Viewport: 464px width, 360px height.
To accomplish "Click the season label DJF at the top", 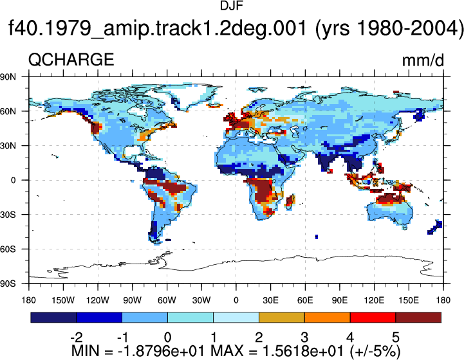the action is coord(232,6).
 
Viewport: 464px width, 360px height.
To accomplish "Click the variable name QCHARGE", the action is coord(71,59).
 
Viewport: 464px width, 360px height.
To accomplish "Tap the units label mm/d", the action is coord(423,60).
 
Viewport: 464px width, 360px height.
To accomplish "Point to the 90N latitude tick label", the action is coord(8,77).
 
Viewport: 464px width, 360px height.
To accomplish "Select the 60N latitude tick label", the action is coord(8,111).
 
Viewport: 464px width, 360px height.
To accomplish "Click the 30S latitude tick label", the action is coord(8,215).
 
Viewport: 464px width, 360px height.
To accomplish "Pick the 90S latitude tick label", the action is coord(8,283).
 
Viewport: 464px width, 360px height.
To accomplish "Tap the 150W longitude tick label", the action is coord(63,300).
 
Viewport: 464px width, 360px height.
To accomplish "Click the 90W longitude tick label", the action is coord(133,300).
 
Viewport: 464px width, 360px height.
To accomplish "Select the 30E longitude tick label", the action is coord(270,300).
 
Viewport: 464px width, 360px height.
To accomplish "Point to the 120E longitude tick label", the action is coord(375,300).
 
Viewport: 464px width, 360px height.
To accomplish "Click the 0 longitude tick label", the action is coord(236,300).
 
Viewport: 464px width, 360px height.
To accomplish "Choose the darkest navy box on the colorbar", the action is coord(53,317).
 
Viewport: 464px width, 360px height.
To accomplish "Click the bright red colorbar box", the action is coord(373,317).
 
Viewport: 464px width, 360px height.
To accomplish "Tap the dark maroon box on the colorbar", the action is coord(418,317).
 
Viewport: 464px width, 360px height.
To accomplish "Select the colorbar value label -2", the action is coord(77,337).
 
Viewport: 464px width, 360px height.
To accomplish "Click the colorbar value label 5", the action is coord(396,337).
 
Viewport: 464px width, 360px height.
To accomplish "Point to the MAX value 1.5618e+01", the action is coord(303,351).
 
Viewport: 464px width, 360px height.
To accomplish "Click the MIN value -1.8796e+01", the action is coord(162,351).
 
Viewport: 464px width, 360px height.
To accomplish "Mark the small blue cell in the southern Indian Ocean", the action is coord(317,237).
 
